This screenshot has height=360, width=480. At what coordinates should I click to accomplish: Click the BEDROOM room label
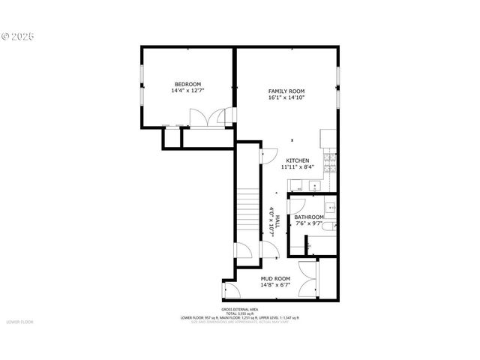coord(187,84)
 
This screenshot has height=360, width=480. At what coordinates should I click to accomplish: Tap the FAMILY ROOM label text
coord(286,91)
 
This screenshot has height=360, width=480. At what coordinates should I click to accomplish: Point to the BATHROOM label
coord(308,217)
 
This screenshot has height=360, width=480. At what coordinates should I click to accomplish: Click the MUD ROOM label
coord(275,278)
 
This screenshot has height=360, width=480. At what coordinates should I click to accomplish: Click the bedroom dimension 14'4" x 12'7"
coord(187,91)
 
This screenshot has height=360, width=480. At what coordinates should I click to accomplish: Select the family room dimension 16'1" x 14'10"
coord(286,98)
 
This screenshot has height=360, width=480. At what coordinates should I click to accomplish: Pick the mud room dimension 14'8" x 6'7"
coord(275,285)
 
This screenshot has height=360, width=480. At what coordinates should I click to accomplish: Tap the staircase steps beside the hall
coord(248,214)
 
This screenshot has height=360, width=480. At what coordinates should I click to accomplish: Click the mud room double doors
coord(307,277)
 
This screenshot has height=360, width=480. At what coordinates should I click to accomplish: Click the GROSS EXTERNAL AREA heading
coord(239,310)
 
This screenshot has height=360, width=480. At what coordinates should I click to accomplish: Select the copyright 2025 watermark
coord(18,35)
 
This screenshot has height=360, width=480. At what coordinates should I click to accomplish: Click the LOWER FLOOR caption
coord(19,322)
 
